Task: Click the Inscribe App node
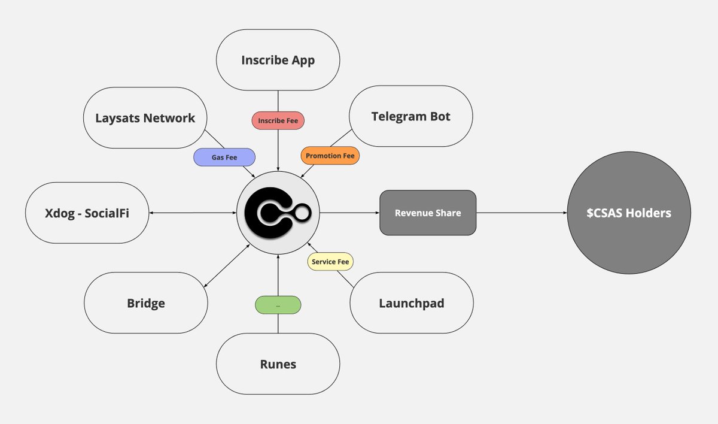click(278, 60)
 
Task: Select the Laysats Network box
click(145, 118)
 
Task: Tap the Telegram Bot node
click(411, 117)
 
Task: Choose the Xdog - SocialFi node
click(87, 213)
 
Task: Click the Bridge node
click(145, 303)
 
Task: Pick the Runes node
click(278, 364)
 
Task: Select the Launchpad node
click(411, 303)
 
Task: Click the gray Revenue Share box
click(428, 213)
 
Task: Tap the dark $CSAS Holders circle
click(629, 213)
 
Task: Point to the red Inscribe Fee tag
click(278, 120)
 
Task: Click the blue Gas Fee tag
click(224, 157)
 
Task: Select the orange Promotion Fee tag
click(330, 156)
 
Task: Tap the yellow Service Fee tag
click(331, 262)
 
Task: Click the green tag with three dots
click(278, 305)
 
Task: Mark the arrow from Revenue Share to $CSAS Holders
click(521, 213)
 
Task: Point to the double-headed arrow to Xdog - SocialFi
click(191, 213)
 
